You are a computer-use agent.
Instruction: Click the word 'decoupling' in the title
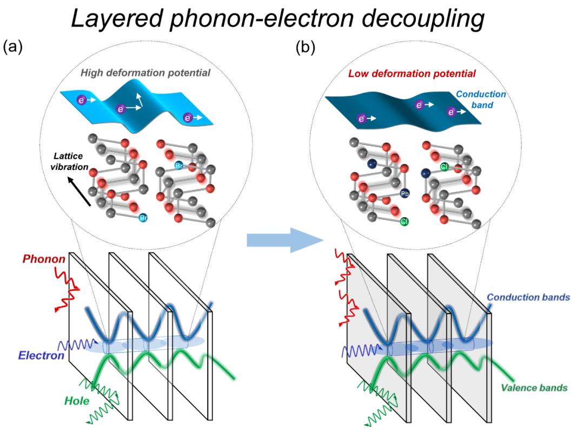[x=422, y=22]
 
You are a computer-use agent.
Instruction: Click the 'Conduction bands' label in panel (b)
[x=527, y=298]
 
